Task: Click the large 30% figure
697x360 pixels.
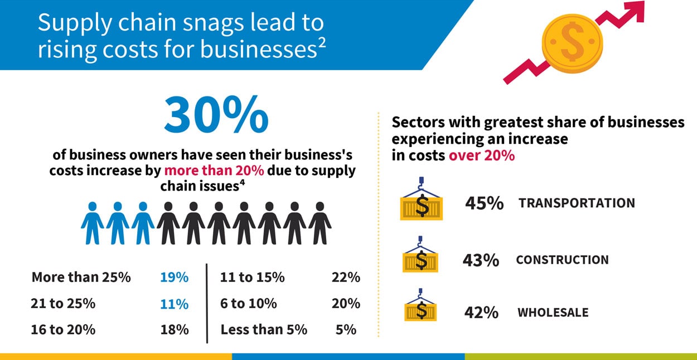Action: coord(216,116)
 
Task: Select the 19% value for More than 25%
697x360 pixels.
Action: coord(174,277)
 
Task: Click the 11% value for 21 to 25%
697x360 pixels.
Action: coord(174,304)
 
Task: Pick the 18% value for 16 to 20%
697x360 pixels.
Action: coord(174,329)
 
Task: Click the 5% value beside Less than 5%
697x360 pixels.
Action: coord(346,329)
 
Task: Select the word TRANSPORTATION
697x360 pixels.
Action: coord(577,203)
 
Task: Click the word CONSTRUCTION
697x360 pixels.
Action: coord(562,260)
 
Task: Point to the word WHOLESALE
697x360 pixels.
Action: coord(553,312)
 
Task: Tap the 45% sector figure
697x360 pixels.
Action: coord(484,203)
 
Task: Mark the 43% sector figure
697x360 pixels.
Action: coord(481,260)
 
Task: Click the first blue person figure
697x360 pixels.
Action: coord(93,223)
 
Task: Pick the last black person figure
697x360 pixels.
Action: coord(320,223)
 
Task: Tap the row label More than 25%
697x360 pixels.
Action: coord(81,277)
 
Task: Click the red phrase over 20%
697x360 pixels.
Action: coord(482,155)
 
